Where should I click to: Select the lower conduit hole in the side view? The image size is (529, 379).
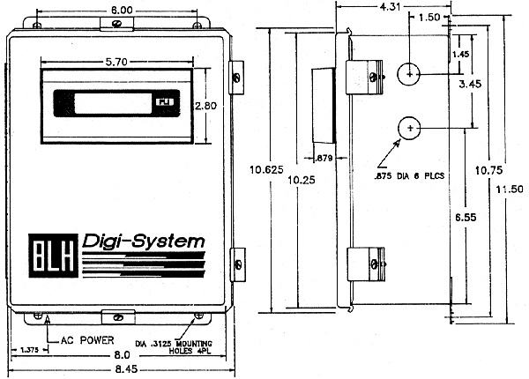click(x=408, y=130)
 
